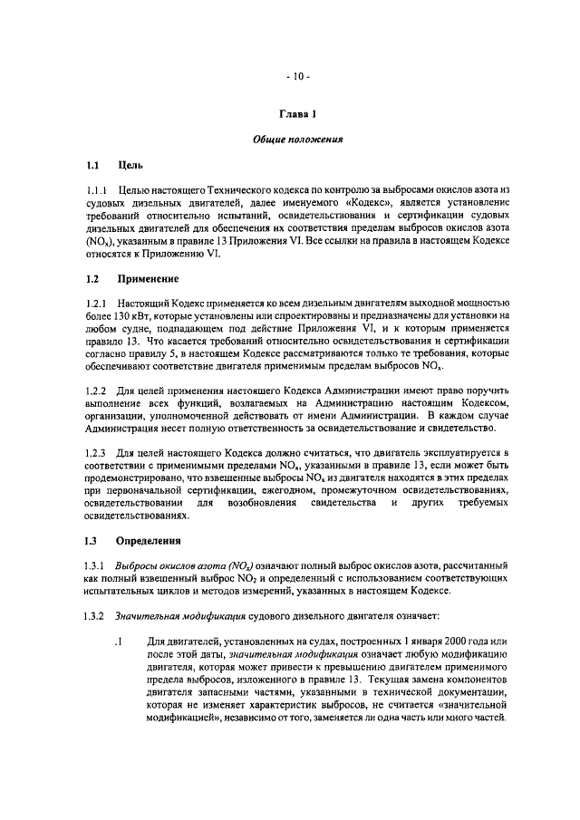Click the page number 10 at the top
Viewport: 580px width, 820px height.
(296, 76)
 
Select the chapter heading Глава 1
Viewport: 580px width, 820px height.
(296, 114)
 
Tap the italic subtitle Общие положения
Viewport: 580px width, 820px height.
(296, 140)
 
